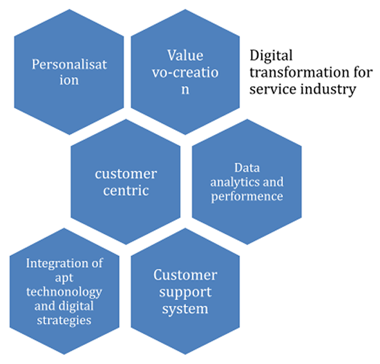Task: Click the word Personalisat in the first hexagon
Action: click(x=69, y=65)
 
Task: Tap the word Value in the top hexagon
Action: click(x=185, y=55)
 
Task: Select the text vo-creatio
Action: click(x=185, y=72)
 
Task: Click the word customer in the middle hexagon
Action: click(x=125, y=174)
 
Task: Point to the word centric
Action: click(x=125, y=191)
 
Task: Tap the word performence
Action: click(x=247, y=196)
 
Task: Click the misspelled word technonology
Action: click(x=64, y=292)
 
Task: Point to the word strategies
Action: click(x=64, y=320)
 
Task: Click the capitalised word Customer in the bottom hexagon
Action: click(x=185, y=275)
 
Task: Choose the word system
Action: click(x=185, y=309)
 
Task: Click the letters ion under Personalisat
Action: click(x=69, y=80)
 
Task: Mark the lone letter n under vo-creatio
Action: click(x=185, y=90)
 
